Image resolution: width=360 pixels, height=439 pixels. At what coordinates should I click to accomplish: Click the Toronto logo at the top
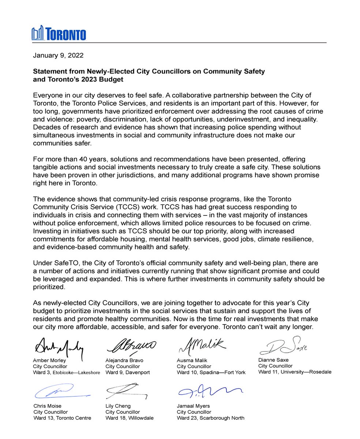[59, 33]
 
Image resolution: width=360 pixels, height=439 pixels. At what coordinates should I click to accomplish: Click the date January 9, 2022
[58, 56]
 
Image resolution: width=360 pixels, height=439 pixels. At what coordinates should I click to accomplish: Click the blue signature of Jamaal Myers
[209, 392]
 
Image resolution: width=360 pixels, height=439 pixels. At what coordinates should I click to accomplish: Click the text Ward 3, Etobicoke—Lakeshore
[66, 372]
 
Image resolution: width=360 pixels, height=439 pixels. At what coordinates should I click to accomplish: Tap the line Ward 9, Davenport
[127, 372]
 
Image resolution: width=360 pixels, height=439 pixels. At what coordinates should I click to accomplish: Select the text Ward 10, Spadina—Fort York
[211, 372]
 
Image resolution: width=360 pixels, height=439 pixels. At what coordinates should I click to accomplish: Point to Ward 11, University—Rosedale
[295, 372]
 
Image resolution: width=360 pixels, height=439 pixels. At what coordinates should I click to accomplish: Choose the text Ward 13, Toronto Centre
[62, 418]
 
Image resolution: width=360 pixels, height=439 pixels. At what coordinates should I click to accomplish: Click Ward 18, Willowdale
[129, 418]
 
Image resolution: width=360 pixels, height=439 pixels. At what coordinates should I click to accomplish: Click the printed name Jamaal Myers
[193, 406]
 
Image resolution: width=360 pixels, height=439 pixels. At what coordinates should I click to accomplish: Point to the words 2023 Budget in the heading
[106, 79]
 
